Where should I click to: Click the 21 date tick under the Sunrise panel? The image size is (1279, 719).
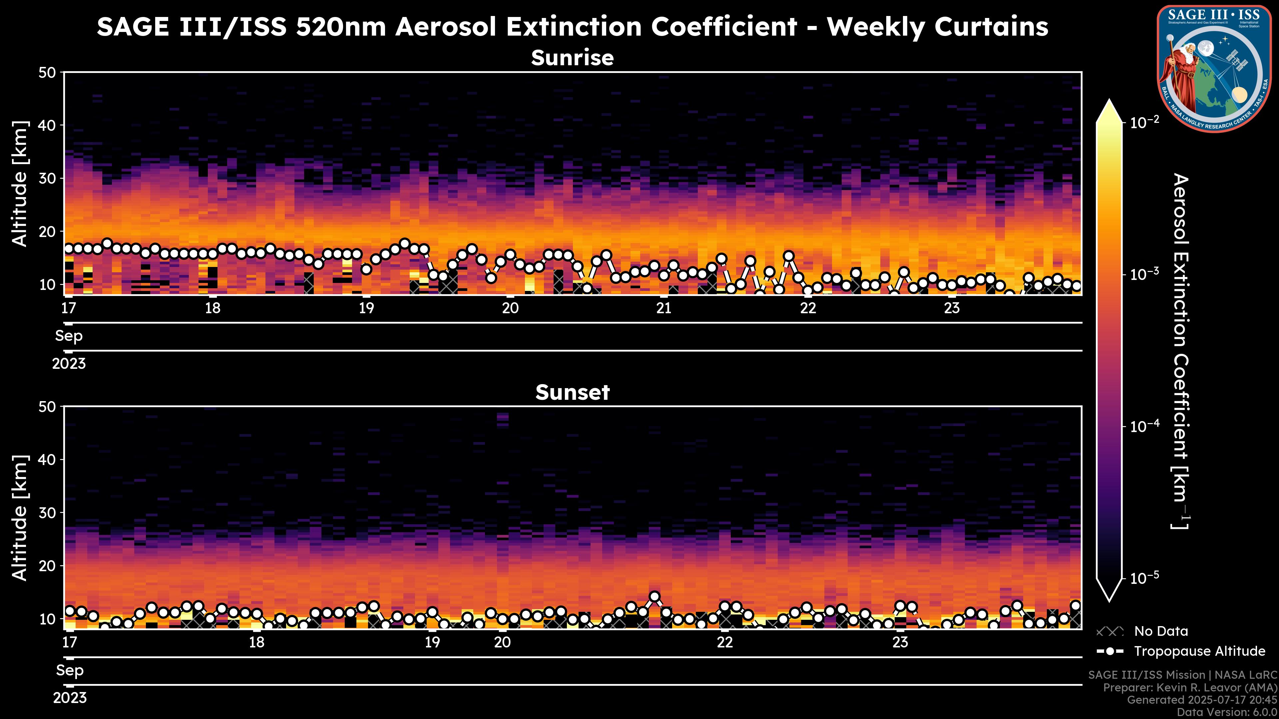[x=664, y=308]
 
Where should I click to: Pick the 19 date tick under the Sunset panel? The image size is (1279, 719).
[x=432, y=642]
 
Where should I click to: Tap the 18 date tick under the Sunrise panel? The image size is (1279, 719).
[x=213, y=308]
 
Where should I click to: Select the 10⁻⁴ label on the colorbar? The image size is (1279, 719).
[x=1145, y=426]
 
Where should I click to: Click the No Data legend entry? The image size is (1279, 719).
[x=1161, y=631]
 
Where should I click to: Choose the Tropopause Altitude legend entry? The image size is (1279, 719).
[x=1199, y=651]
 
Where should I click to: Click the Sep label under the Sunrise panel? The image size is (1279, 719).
[x=69, y=336]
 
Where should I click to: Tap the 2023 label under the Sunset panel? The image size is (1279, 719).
[x=70, y=698]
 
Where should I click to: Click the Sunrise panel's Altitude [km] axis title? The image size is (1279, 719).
[x=20, y=184]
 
